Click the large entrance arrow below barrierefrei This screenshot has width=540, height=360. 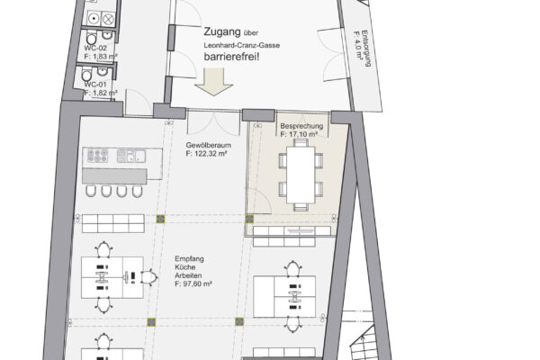pos(214,82)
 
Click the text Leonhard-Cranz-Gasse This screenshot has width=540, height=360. pos(241,45)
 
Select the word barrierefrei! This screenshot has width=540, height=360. pos(231,57)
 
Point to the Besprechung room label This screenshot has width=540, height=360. pos(301,126)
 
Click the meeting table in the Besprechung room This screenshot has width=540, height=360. pos(301,175)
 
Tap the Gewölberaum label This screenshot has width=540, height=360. pos(209,145)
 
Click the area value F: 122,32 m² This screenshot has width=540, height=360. pos(206,154)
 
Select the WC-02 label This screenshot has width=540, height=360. pos(95,49)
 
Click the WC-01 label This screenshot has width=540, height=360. pos(95,85)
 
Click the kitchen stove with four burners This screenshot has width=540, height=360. pos(97,156)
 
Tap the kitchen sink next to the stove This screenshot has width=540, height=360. pos(130,156)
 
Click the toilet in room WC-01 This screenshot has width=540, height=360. pos(86,74)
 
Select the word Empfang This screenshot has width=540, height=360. pos(189,258)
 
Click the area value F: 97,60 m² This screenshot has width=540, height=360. pos(193,284)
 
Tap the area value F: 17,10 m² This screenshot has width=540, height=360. pos(299,134)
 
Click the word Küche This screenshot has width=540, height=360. pos(184,267)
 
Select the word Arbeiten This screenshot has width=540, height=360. pos(188,275)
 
